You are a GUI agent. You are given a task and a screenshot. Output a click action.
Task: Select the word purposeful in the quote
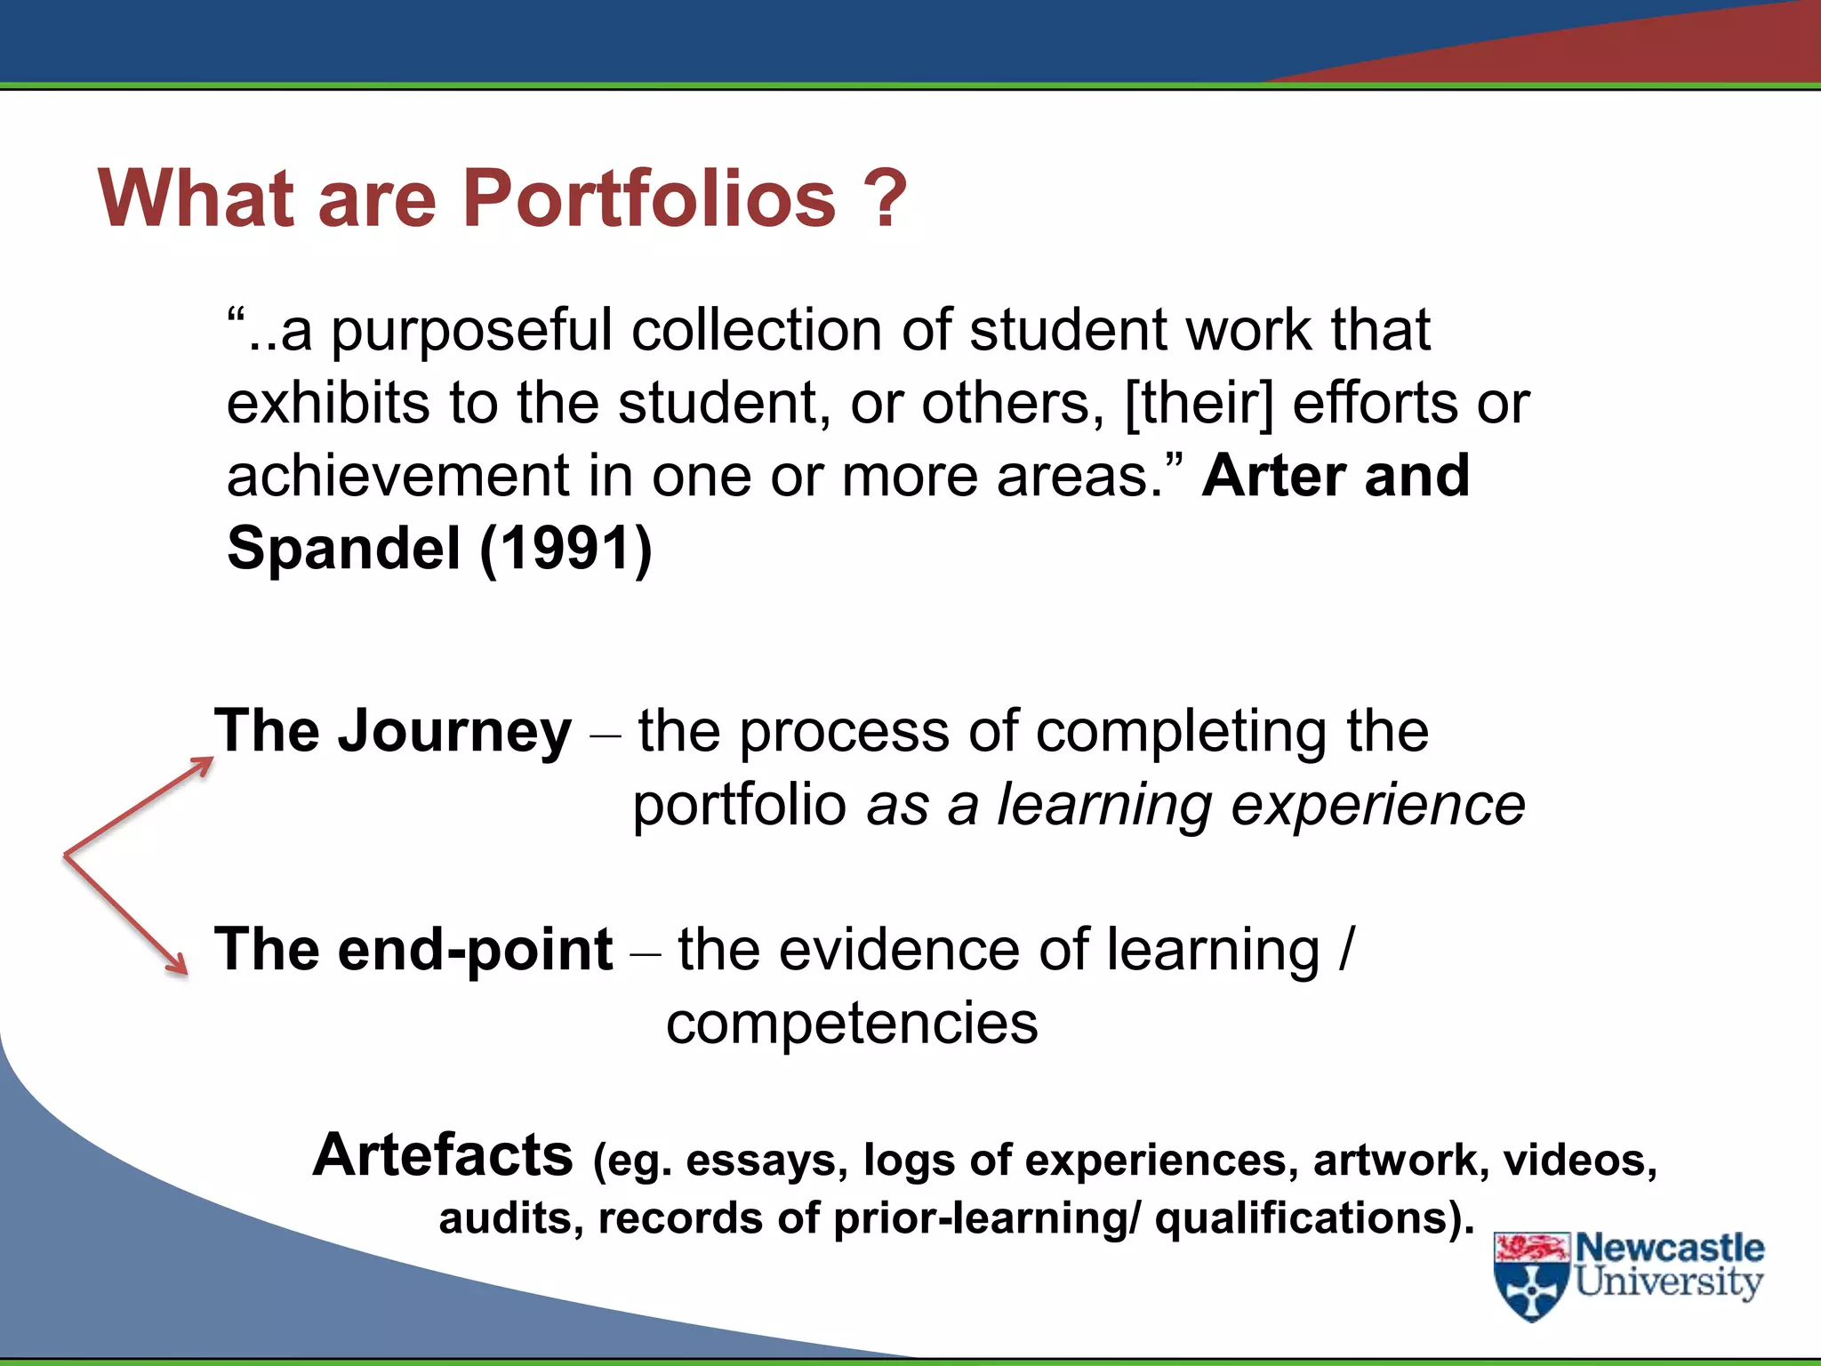click(x=472, y=331)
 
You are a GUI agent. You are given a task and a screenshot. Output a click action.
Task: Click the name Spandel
click(x=343, y=548)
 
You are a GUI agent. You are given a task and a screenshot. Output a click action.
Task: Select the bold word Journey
click(x=454, y=733)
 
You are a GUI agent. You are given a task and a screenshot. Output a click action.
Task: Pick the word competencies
click(x=852, y=1023)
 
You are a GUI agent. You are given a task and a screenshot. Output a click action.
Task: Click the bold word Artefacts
click(x=443, y=1155)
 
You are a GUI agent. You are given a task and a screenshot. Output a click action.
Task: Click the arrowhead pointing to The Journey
click(x=202, y=766)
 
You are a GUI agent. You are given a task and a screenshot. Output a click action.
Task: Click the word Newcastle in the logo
click(x=1670, y=1249)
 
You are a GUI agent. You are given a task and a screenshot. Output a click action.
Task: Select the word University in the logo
click(x=1669, y=1282)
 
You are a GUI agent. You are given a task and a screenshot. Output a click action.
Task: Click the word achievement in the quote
click(x=397, y=476)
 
